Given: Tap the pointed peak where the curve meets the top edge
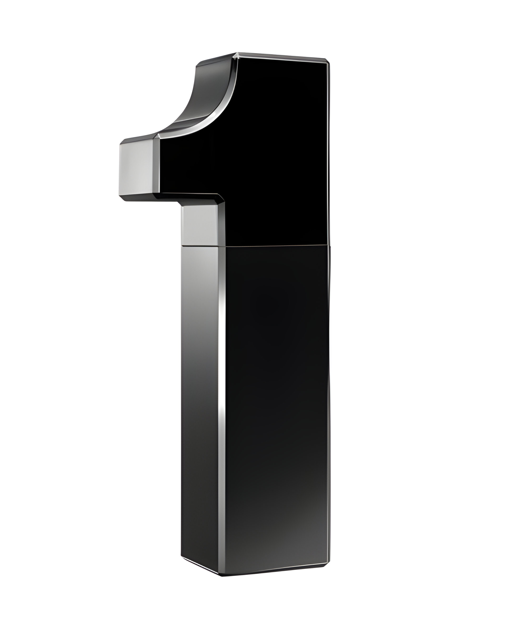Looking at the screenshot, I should click(x=237, y=54).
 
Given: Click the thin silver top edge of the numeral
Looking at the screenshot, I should click(x=281, y=57).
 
